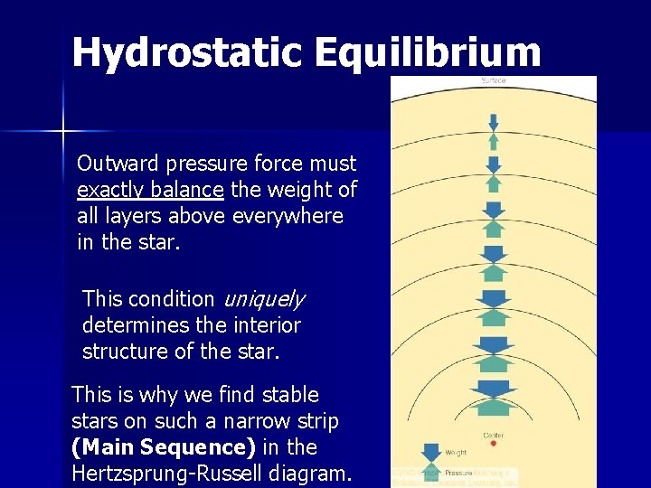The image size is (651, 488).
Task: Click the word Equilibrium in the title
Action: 428,52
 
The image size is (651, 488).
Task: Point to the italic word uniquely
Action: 263,299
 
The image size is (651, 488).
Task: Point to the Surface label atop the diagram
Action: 494,81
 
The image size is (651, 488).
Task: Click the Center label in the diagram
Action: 494,435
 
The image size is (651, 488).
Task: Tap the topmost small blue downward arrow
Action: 494,122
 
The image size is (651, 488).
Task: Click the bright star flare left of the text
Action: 63,132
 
